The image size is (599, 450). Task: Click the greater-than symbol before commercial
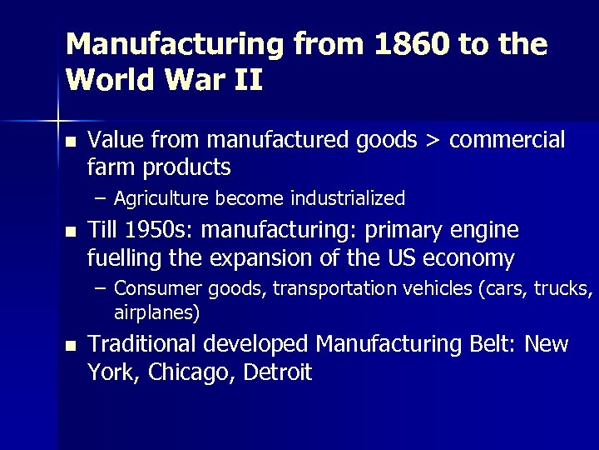point(433,139)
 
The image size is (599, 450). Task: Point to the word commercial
point(507,139)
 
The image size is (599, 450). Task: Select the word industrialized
point(348,198)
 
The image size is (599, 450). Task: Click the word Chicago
point(192,372)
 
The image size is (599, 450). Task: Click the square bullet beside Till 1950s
point(70,232)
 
